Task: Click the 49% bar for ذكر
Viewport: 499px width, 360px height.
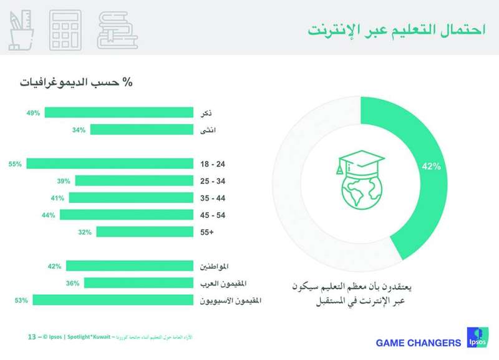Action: (119, 112)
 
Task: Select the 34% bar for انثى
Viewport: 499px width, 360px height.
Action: (142, 130)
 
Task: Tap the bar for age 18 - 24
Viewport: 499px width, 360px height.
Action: (110, 163)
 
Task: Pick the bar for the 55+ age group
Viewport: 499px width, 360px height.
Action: (145, 231)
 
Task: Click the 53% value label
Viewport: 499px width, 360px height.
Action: (21, 300)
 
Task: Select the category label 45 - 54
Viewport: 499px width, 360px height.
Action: (211, 215)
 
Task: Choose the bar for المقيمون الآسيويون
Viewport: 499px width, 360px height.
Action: (113, 300)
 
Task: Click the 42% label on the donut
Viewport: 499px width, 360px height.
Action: (431, 167)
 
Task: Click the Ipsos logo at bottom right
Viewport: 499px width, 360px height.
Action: (477, 339)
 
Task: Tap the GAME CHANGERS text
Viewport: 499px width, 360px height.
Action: (418, 343)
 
